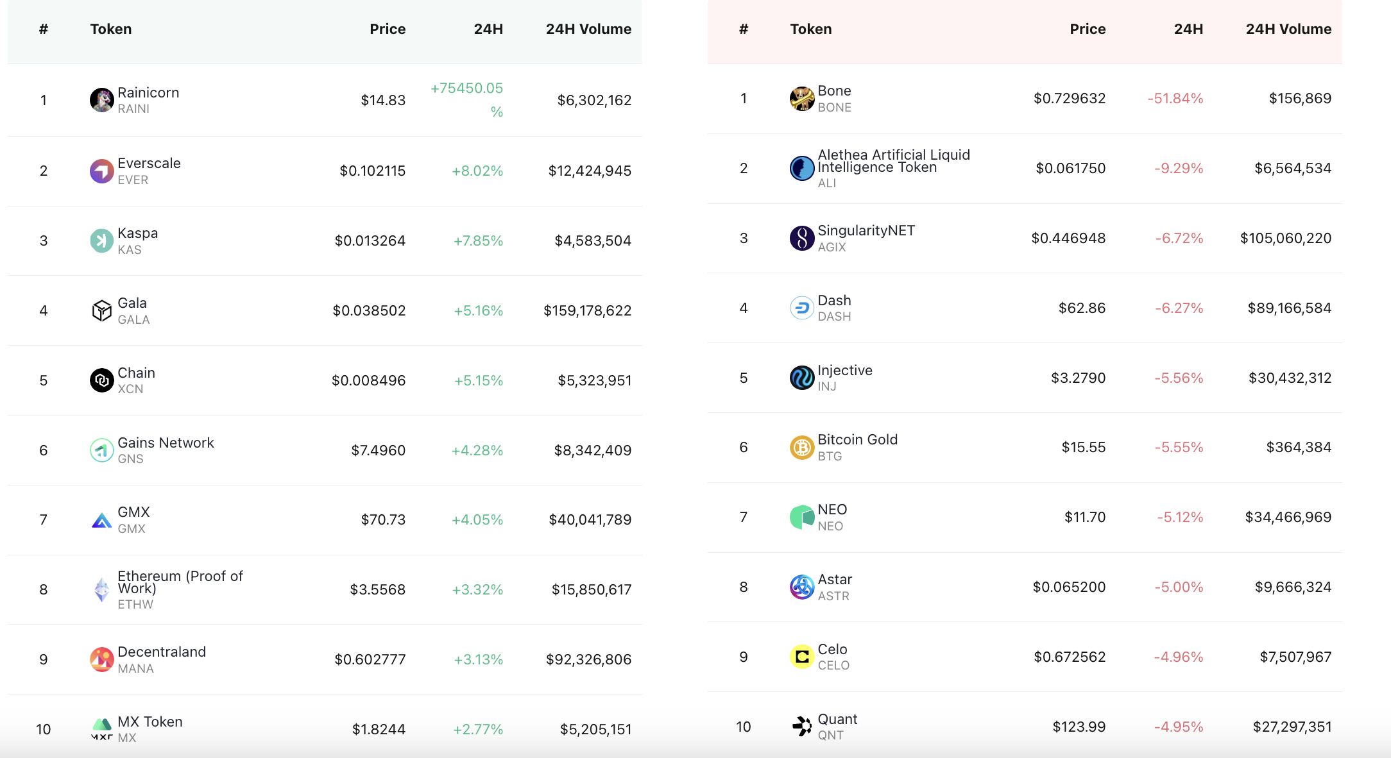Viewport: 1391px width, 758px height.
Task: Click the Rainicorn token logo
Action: [101, 100]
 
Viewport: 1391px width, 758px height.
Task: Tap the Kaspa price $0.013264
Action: [370, 240]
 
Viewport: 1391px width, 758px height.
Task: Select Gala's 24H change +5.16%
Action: [479, 310]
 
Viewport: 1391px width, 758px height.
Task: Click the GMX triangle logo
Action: [101, 520]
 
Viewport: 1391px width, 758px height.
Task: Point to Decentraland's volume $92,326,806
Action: [588, 659]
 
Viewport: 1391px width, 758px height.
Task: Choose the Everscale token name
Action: [149, 163]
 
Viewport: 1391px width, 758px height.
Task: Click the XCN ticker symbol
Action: [130, 389]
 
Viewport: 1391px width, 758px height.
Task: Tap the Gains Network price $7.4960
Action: [379, 450]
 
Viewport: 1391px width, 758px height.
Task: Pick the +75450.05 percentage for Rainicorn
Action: [467, 99]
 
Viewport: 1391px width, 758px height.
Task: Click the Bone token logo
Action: [802, 99]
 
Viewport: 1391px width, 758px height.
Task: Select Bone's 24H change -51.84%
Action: [1175, 98]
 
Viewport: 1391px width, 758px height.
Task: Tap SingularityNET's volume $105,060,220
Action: [1286, 238]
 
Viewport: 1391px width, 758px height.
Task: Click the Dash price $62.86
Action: [1082, 308]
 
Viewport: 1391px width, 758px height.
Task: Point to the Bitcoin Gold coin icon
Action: [802, 448]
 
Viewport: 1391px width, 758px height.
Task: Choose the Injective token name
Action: [845, 370]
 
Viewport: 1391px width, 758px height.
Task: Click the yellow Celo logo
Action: [802, 657]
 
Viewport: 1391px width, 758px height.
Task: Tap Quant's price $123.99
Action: [1079, 727]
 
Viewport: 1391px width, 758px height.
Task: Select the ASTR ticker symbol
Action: [833, 596]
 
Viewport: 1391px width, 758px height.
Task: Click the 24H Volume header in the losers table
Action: [1288, 29]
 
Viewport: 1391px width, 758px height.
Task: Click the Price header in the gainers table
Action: [388, 29]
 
